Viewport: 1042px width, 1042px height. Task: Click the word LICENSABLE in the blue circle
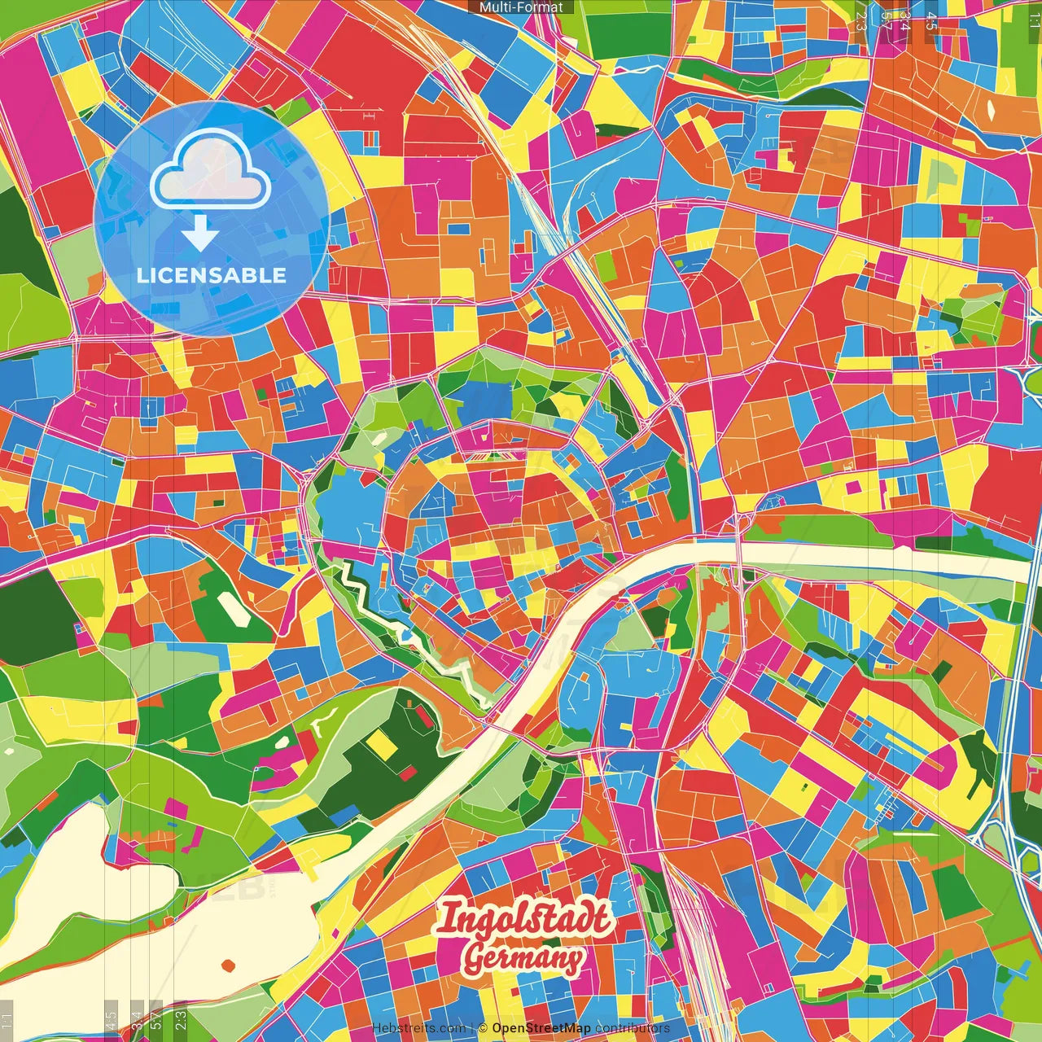click(211, 275)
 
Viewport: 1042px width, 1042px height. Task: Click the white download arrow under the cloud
click(199, 234)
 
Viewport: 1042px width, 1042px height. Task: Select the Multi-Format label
click(521, 7)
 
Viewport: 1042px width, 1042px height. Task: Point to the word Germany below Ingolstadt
click(523, 959)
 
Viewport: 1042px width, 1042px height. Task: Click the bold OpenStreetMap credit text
click(541, 1028)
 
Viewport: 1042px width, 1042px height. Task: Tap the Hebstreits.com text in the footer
click(418, 1028)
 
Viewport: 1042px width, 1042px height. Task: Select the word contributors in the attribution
click(633, 1028)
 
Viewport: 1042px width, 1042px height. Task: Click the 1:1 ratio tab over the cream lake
click(7, 1018)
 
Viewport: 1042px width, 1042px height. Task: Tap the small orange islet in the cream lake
click(229, 965)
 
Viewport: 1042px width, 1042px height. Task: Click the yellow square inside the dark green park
click(379, 742)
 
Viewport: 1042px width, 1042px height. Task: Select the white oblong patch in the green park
click(233, 608)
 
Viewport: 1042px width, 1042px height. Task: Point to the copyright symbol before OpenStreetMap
click(483, 1028)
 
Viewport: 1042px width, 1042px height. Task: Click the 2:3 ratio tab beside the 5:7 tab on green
click(181, 1018)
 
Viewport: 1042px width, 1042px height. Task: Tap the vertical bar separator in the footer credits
click(472, 1028)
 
